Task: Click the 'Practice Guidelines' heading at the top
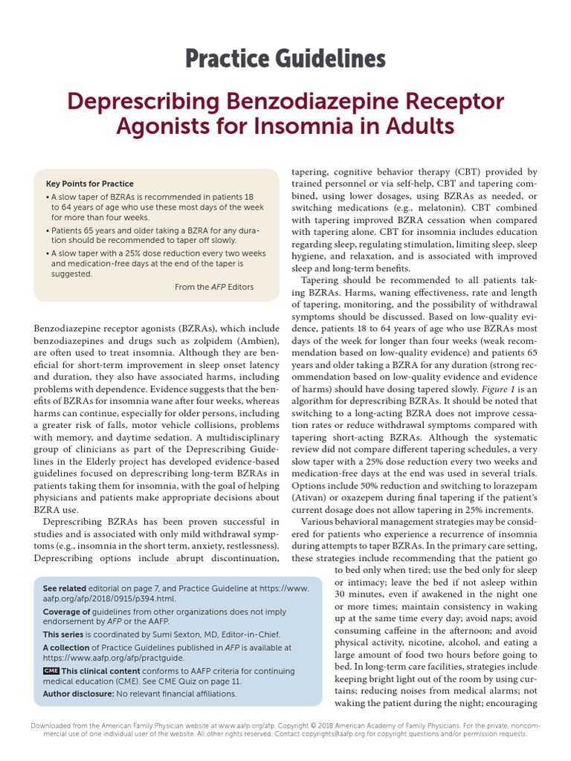pyautogui.click(x=285, y=58)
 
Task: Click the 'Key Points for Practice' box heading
pyautogui.click(x=90, y=184)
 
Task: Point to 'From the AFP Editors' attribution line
pyautogui.click(x=214, y=287)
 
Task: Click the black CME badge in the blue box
pyautogui.click(x=51, y=670)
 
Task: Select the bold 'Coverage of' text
pyautogui.click(x=67, y=611)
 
